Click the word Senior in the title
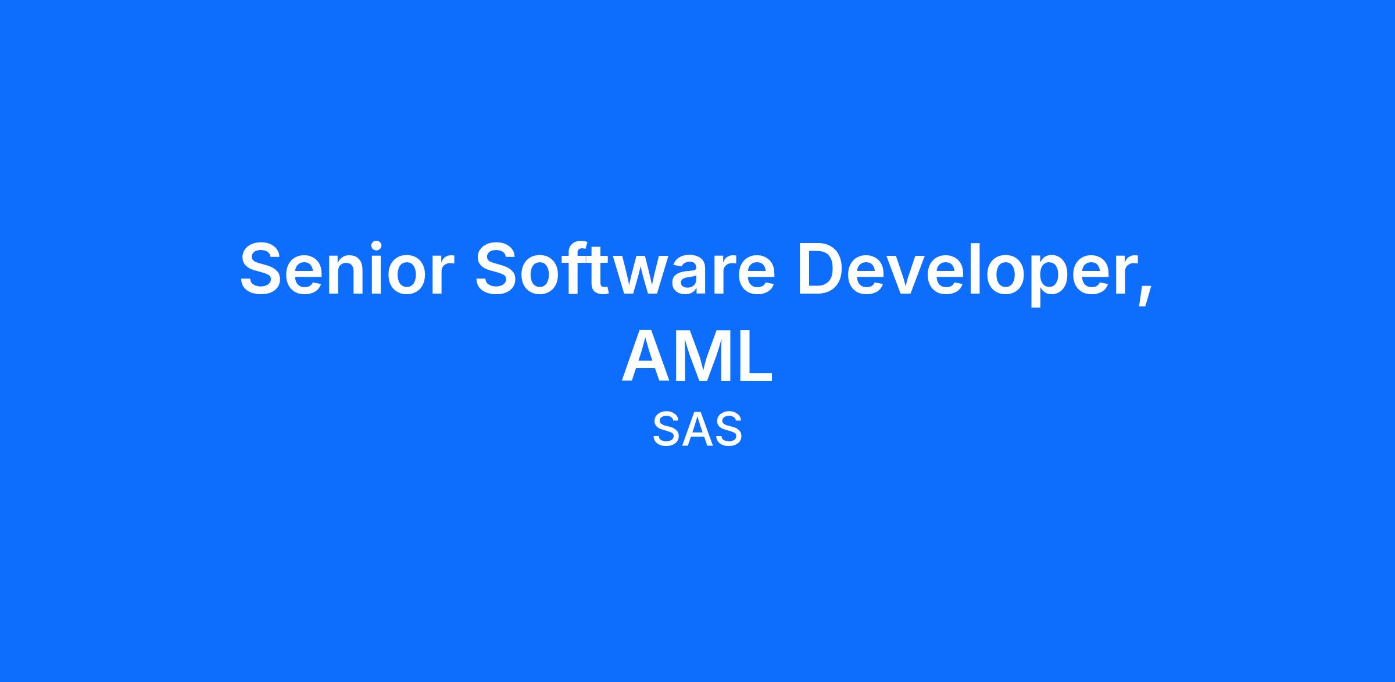pyautogui.click(x=347, y=268)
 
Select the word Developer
pyautogui.click(x=965, y=272)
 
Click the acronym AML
pyautogui.click(x=697, y=356)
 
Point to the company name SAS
pyautogui.click(x=697, y=430)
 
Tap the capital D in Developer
pyautogui.click(x=823, y=268)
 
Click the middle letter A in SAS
pyautogui.click(x=697, y=430)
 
